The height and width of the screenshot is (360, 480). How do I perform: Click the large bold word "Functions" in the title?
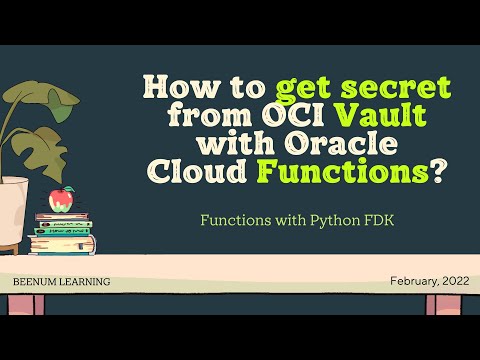[x=331, y=172]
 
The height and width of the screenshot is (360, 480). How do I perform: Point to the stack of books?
[x=64, y=234]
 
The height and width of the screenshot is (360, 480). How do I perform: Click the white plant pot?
[x=13, y=211]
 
